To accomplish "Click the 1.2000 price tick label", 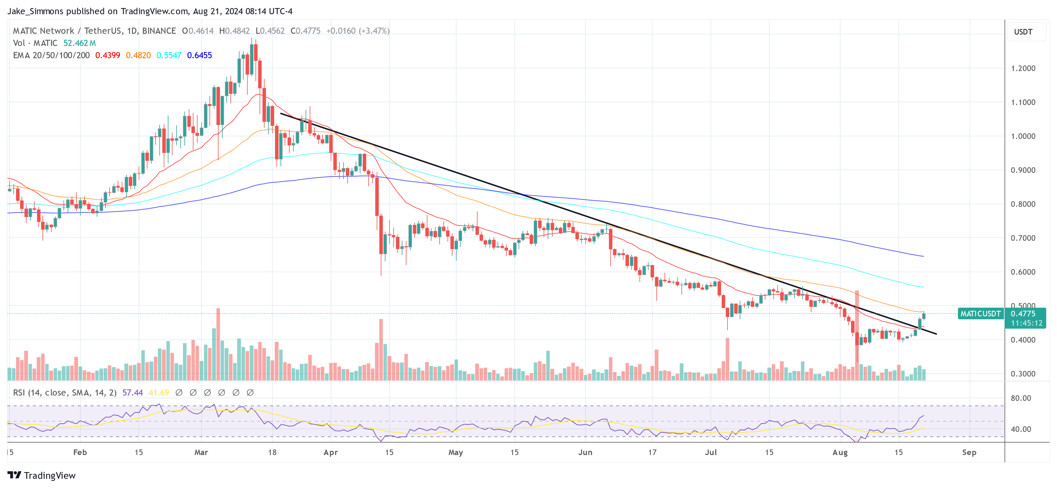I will (1023, 68).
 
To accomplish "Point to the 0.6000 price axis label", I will (1023, 272).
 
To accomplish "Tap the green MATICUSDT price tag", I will (980, 313).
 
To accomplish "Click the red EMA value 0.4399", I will (108, 55).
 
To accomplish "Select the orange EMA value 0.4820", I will (138, 55).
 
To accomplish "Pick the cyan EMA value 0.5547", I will (169, 55).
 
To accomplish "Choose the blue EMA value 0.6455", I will (199, 55).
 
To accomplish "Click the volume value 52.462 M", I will (80, 43).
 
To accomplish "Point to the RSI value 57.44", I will (133, 392).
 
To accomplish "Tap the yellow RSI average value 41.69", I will (158, 392).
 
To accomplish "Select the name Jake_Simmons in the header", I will (35, 11).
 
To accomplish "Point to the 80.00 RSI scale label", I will (1021, 398).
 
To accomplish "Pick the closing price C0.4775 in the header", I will (305, 31).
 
